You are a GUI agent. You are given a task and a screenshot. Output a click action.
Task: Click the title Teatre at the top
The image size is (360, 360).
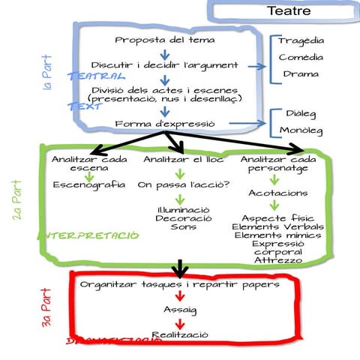coord(289,11)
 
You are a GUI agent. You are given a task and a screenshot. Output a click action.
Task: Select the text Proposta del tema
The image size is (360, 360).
coord(165,40)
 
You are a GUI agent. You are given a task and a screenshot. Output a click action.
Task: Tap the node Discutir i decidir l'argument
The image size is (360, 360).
coord(165,66)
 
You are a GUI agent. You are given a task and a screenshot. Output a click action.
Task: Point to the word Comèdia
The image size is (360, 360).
coord(301,58)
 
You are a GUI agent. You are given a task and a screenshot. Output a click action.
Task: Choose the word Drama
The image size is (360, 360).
coord(301,74)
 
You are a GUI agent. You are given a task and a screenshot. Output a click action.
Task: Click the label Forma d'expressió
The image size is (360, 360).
coord(165,124)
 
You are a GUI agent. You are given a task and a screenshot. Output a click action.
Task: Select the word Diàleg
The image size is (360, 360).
coord(301,113)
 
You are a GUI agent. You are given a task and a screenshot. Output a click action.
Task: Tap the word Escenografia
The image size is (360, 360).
coord(89,184)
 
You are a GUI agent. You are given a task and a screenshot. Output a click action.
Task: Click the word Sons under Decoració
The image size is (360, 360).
coord(183,226)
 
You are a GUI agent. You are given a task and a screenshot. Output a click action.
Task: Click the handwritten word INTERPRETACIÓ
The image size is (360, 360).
coord(88,235)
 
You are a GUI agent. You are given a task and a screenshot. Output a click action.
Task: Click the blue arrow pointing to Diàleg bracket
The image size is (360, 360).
coord(247,124)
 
